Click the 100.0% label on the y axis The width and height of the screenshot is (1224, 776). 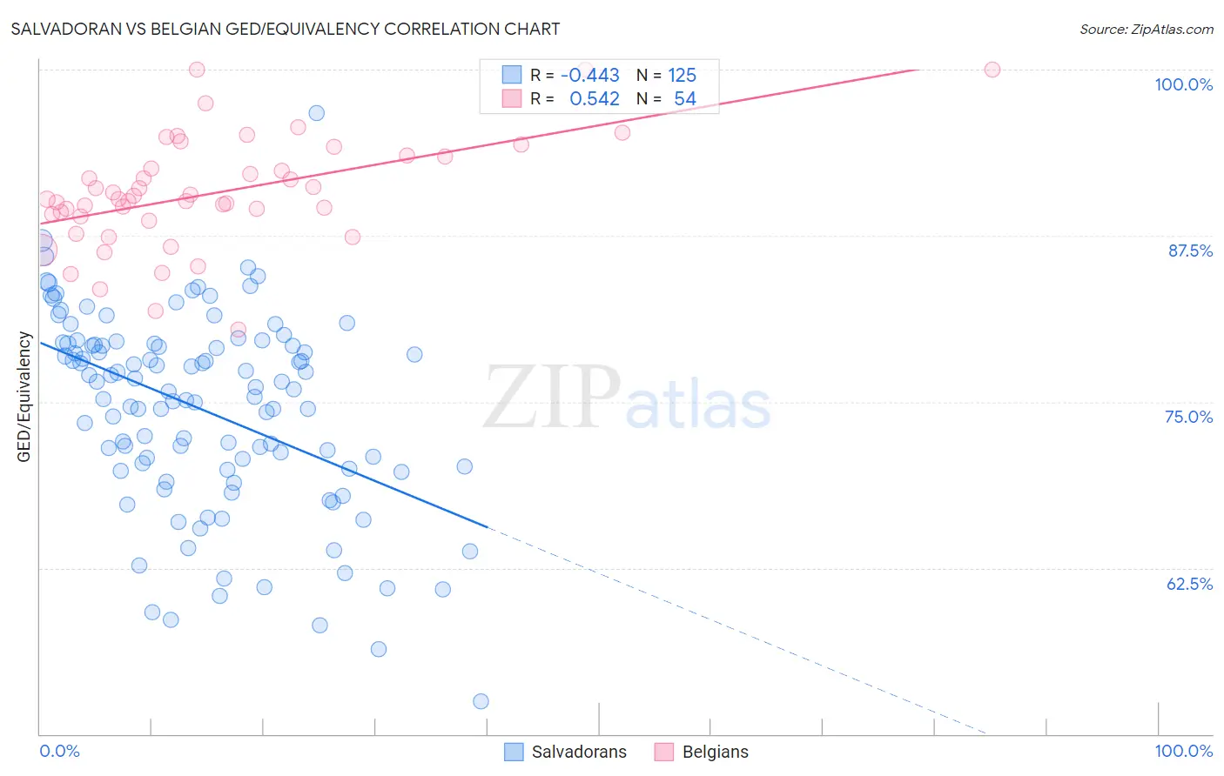pyautogui.click(x=1183, y=84)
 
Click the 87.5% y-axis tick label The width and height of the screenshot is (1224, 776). pyautogui.click(x=1190, y=251)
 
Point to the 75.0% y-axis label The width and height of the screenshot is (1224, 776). pyautogui.click(x=1188, y=417)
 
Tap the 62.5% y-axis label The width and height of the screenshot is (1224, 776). pyautogui.click(x=1189, y=584)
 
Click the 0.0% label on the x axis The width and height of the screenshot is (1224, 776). pyautogui.click(x=59, y=751)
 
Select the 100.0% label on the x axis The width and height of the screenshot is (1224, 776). pyautogui.click(x=1183, y=751)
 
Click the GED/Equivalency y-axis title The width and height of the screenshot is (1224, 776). pyautogui.click(x=24, y=397)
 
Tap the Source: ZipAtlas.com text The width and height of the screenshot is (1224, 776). pyautogui.click(x=1146, y=30)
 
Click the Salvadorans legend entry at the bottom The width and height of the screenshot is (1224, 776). pyautogui.click(x=579, y=752)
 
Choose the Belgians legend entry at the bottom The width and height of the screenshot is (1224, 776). pyautogui.click(x=715, y=752)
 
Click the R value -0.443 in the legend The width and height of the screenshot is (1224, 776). pyautogui.click(x=590, y=76)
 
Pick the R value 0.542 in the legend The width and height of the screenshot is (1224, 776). pyautogui.click(x=594, y=99)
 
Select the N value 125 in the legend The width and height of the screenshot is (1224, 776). pyautogui.click(x=682, y=76)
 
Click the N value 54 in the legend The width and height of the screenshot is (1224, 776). pyautogui.click(x=684, y=99)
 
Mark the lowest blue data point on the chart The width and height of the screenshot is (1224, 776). pyautogui.click(x=481, y=701)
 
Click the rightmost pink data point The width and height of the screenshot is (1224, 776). pyautogui.click(x=992, y=70)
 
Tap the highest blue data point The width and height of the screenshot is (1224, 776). pyautogui.click(x=317, y=113)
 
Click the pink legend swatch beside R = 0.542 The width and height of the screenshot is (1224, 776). pyautogui.click(x=512, y=98)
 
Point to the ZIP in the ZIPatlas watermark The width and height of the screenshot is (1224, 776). pyautogui.click(x=552, y=398)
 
